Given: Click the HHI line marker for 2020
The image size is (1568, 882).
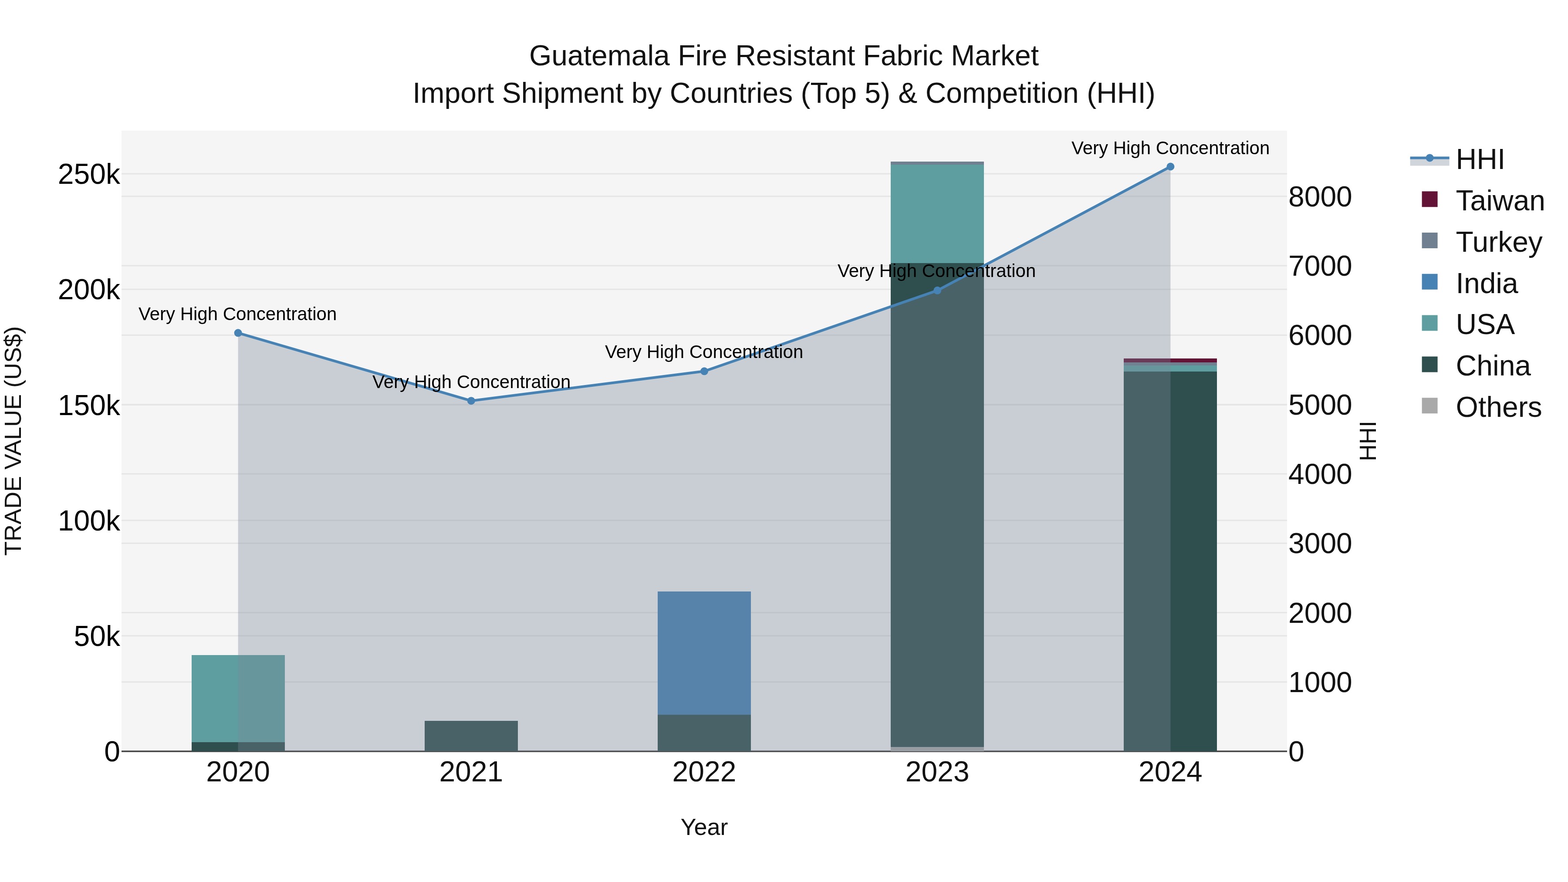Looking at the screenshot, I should click(238, 333).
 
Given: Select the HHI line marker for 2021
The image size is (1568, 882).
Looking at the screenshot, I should click(471, 401).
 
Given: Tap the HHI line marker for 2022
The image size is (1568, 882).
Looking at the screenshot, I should click(704, 371).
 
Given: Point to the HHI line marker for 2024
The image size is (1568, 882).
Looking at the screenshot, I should click(1170, 167).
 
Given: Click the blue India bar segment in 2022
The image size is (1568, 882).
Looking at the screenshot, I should click(704, 652).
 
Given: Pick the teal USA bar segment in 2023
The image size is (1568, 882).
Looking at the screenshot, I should click(937, 213).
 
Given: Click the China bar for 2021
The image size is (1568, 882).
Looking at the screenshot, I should click(471, 736).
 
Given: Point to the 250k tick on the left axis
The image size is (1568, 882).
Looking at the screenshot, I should click(89, 175).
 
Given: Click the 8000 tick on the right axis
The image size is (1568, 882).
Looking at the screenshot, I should click(1320, 197).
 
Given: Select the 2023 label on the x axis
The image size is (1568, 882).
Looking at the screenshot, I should click(937, 772).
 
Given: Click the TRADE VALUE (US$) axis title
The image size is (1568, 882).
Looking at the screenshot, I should click(14, 441).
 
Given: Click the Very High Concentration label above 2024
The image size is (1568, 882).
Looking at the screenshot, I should click(1170, 149).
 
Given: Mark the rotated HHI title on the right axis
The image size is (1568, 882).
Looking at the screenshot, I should click(1368, 441).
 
